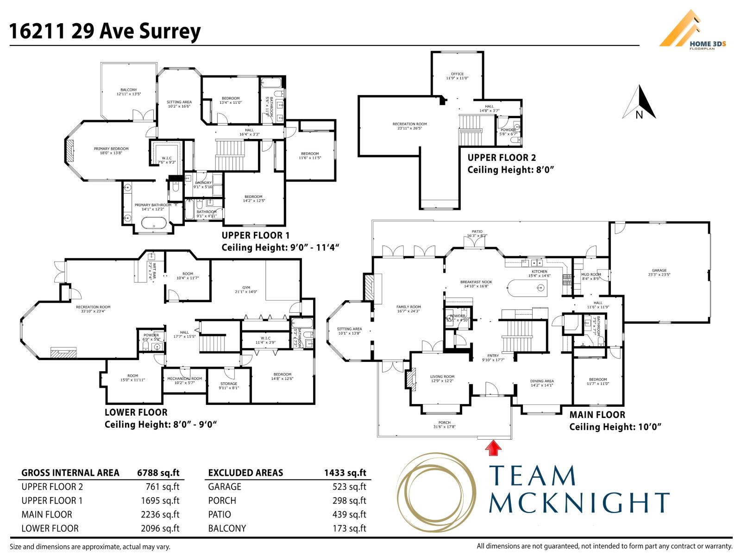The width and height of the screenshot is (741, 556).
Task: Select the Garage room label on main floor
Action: [x=659, y=271]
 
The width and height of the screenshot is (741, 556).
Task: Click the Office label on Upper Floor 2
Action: [x=457, y=74]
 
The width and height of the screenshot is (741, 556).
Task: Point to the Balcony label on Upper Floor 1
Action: [x=128, y=90]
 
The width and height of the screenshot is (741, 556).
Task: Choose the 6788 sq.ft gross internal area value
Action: [x=158, y=473]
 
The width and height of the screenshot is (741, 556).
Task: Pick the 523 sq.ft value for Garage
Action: [x=349, y=486]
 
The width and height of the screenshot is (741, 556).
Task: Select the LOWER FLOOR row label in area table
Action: [x=50, y=528]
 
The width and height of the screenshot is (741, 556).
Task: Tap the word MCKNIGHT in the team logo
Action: [x=579, y=502]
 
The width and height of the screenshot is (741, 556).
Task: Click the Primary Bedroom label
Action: [x=111, y=149]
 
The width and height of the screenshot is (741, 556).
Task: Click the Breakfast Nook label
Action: [x=476, y=282]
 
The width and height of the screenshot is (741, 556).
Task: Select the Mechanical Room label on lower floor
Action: [x=184, y=379]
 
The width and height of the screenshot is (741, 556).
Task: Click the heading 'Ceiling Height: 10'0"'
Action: [x=615, y=427]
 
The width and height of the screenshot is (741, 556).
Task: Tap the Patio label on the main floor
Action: [x=477, y=232]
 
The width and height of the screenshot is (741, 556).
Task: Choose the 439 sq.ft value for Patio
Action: [x=349, y=514]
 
